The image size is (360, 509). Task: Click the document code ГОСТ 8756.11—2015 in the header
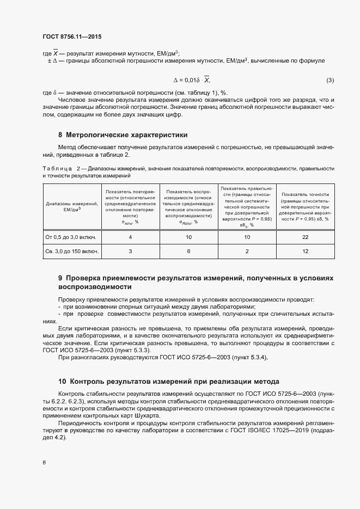pos(71,36)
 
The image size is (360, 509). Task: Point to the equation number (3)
pos(330,81)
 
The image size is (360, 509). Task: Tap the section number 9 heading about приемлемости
pos(61,278)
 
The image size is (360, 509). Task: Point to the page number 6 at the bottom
pos(44,463)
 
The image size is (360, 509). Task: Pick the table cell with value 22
pos(304,237)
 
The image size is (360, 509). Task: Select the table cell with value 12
pos(304,251)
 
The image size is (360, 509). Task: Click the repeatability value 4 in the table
pos(130,237)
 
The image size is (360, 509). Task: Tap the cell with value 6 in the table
pos(188,251)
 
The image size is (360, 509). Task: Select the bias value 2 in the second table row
pos(247,251)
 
